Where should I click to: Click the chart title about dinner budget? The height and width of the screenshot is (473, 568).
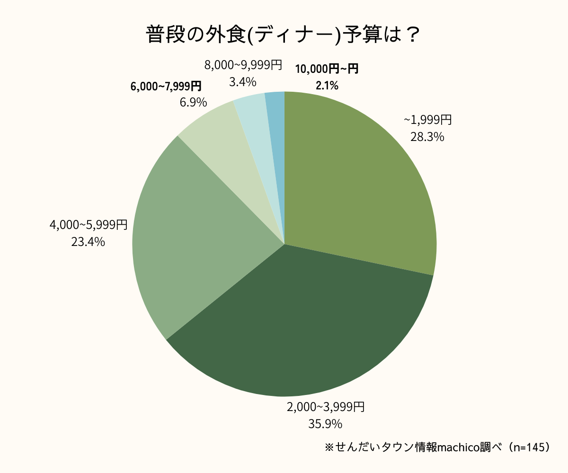(x=283, y=35)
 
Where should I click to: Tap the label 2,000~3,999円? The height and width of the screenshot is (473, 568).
(x=325, y=407)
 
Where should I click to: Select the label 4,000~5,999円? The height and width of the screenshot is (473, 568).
(x=88, y=225)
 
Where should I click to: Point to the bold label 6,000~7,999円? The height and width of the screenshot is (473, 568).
(x=166, y=87)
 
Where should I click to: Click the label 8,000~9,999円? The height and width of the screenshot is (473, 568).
(x=243, y=65)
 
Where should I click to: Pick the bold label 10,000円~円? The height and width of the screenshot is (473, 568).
(x=326, y=70)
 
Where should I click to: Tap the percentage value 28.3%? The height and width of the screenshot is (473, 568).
(x=427, y=137)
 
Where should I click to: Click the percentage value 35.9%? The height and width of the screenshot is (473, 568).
(x=325, y=424)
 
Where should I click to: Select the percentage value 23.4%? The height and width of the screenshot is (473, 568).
(x=88, y=242)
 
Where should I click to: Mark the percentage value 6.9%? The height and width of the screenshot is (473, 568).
(x=193, y=102)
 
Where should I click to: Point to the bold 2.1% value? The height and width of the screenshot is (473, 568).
(x=327, y=86)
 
